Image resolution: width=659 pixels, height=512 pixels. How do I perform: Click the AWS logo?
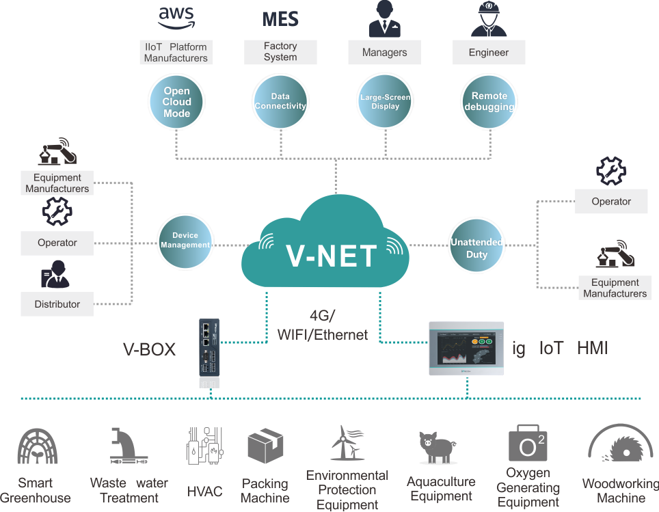[176, 18]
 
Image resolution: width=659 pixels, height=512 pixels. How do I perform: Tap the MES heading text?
[280, 18]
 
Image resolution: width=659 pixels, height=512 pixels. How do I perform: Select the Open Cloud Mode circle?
[176, 102]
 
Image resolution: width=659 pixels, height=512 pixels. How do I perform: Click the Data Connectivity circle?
[280, 102]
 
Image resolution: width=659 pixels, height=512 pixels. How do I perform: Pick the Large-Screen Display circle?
[385, 102]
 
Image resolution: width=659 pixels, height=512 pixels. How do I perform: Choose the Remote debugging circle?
[489, 102]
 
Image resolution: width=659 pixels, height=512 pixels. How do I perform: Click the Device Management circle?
[185, 241]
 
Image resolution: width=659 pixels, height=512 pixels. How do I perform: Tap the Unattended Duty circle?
[476, 248]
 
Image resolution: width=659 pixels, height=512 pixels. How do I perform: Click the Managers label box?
[384, 53]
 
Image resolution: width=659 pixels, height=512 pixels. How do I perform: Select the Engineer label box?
[489, 53]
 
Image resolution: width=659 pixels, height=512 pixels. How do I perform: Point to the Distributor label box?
[57, 304]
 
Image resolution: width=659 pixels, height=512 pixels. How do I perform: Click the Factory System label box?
[280, 52]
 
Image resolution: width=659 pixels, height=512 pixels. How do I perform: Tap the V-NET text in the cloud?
[331, 256]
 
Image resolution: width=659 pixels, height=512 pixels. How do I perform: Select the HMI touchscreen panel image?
[466, 349]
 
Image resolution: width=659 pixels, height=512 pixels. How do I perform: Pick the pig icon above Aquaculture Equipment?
[438, 448]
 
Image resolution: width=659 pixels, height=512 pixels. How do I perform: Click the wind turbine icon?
[346, 443]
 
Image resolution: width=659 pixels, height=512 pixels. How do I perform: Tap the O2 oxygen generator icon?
[528, 444]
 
